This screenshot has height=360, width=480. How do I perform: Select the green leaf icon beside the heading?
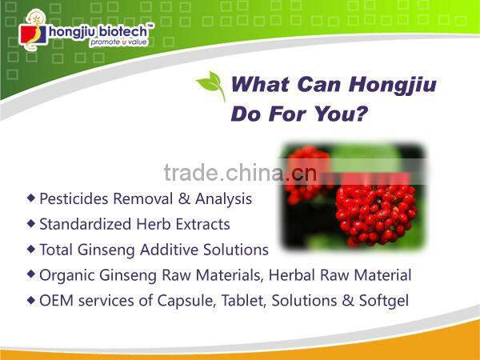pos(211,85)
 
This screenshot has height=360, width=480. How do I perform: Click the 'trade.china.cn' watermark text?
pos(239,173)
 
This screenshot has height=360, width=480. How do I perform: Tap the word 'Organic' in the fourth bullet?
pos(65,275)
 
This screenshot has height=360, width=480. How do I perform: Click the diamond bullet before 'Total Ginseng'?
pos(31,248)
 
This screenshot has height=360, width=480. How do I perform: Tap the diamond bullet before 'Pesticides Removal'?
pos(31,197)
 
